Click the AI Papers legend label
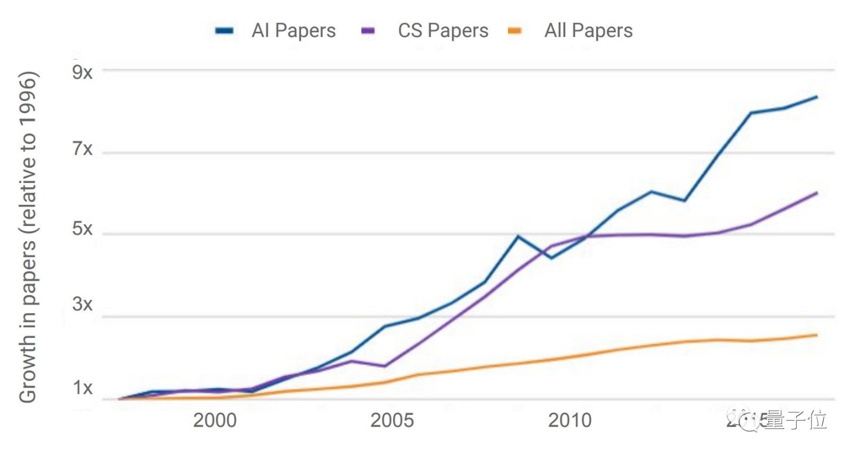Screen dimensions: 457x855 (x=293, y=31)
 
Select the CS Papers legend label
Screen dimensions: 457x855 (x=443, y=31)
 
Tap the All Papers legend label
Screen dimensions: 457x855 (x=589, y=31)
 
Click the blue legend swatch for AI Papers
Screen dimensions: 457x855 (x=225, y=31)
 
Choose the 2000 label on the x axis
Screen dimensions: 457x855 (x=215, y=421)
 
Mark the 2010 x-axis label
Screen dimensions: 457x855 (x=570, y=421)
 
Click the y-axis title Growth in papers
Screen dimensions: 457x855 (x=28, y=237)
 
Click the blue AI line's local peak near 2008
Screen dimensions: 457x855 (x=518, y=236)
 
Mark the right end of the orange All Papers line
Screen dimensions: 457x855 (x=817, y=335)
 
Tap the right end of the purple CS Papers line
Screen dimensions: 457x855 (x=817, y=192)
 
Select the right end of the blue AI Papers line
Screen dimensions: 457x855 (x=817, y=97)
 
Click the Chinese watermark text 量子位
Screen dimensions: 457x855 (x=795, y=421)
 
